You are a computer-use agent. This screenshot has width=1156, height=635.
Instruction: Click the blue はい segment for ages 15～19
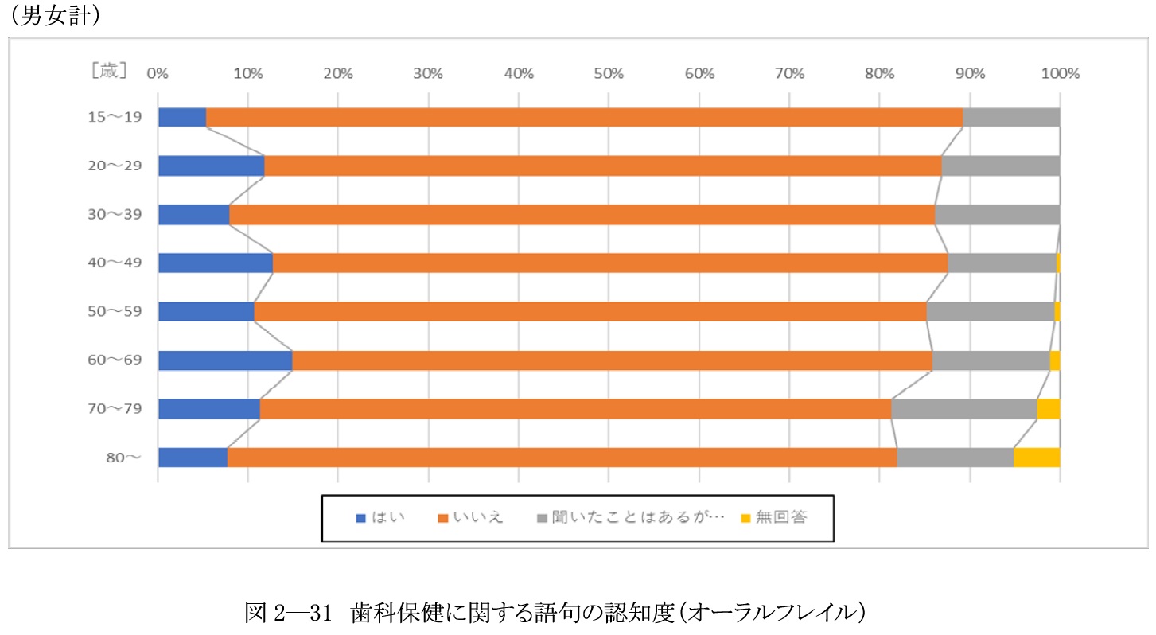(182, 117)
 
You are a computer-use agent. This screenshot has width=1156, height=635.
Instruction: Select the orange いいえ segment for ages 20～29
(602, 166)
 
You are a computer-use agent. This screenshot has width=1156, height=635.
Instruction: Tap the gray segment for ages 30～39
(997, 215)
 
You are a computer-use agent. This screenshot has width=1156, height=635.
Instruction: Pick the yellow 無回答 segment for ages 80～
(1037, 458)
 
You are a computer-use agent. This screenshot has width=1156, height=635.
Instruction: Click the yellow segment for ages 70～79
(1048, 409)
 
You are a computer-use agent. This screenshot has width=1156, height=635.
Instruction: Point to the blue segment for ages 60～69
(225, 360)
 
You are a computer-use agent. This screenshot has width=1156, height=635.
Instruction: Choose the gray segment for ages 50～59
(991, 311)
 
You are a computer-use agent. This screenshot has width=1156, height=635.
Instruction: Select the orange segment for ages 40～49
(610, 263)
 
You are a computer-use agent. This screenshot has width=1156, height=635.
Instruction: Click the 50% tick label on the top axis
(609, 74)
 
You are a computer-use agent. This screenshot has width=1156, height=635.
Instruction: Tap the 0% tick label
(158, 74)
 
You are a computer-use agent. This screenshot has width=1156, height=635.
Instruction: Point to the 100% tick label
(1060, 74)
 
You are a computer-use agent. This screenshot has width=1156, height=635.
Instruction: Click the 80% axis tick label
(879, 74)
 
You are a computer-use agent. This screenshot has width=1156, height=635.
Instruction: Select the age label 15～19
(115, 118)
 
